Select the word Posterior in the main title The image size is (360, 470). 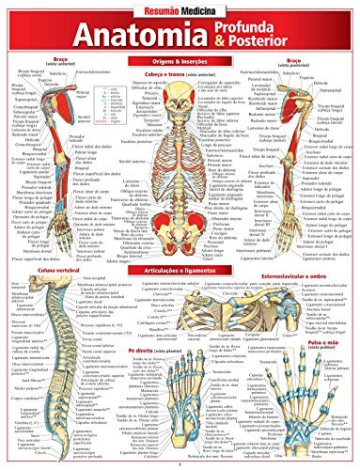(259, 47)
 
